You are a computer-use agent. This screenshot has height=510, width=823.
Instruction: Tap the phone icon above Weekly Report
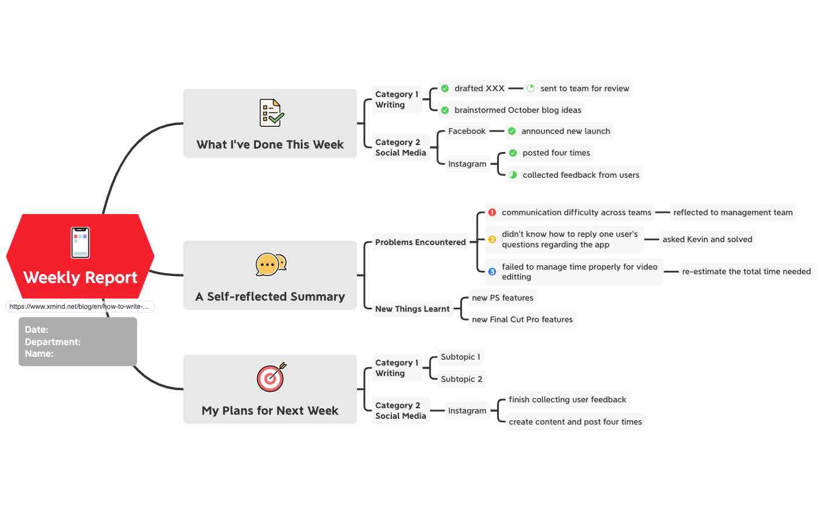[81, 243]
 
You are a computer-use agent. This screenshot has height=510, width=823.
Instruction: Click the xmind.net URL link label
[79, 306]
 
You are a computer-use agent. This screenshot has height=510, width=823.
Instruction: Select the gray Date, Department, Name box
[78, 342]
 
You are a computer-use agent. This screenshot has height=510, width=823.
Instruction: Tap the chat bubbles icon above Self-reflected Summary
[270, 264]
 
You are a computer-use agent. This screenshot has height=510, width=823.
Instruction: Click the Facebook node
[467, 131]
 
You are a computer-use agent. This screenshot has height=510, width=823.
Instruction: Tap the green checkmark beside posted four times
[513, 153]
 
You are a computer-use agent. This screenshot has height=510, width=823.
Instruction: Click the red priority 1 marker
[492, 212]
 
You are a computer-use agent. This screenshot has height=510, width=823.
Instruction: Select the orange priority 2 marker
[492, 239]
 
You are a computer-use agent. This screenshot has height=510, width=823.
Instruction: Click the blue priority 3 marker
[492, 271]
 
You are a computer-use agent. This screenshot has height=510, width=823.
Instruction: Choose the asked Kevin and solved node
[707, 239]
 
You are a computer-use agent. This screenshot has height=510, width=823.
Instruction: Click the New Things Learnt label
[412, 309]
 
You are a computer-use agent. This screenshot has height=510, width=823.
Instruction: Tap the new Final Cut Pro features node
[522, 319]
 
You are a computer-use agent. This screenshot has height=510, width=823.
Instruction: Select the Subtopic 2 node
[461, 379]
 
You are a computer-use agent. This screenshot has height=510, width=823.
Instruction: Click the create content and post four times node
[575, 422]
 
